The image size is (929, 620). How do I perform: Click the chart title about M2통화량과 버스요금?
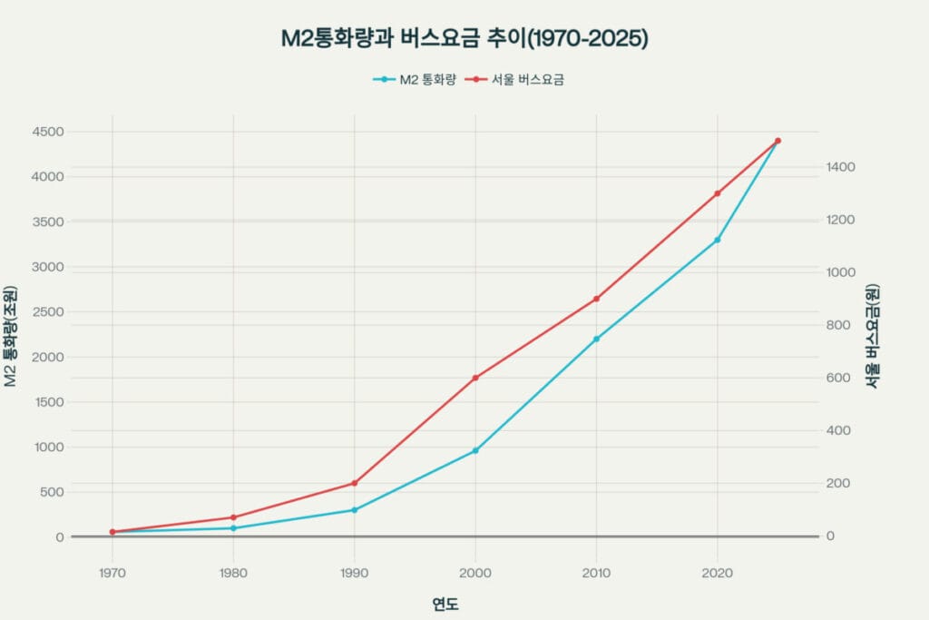464,39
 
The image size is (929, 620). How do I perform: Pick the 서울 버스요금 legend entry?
515,80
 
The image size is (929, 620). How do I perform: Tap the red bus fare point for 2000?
475,378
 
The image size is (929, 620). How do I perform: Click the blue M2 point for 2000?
475,450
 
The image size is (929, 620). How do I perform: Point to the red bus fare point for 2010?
596,299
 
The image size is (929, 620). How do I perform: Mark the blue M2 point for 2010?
596,339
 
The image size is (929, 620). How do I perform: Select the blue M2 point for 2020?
718,240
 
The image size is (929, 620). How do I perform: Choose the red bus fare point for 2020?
718,193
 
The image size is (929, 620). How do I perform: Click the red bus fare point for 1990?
355,483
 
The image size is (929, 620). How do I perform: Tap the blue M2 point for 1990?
355,510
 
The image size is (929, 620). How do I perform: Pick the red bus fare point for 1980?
233,517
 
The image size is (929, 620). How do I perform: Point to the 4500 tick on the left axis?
48,132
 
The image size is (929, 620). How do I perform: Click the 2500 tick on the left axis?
48,311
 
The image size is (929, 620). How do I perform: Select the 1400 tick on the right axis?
842,168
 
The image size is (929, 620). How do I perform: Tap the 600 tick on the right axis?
838,378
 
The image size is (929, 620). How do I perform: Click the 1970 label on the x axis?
112,573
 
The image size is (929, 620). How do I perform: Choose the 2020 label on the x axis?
718,573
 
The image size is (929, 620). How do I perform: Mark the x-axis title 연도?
445,604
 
